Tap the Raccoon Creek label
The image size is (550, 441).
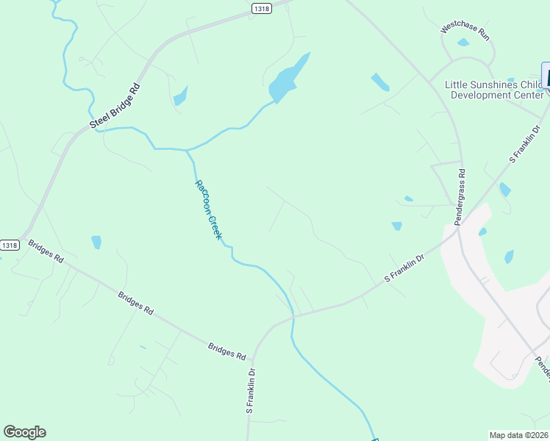(x=208, y=209)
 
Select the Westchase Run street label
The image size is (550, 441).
(x=465, y=31)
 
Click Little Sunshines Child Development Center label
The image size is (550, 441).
(x=493, y=89)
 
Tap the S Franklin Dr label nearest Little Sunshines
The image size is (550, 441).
(x=525, y=145)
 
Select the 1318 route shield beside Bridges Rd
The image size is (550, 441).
(x=10, y=245)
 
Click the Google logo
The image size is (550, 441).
(x=24, y=432)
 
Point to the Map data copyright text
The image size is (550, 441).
(x=519, y=435)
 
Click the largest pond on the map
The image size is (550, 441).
(x=287, y=79)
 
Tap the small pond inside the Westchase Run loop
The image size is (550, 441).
(x=463, y=43)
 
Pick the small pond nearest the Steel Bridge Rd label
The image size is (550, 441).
(x=180, y=96)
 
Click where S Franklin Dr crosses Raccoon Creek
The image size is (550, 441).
(x=293, y=316)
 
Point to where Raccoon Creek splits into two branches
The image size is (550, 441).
(x=187, y=150)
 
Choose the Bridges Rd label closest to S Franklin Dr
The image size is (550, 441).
(x=226, y=351)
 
